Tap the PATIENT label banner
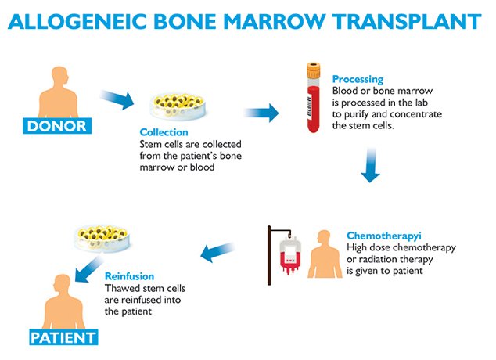[63, 338]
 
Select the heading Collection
[164, 132]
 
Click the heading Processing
[358, 79]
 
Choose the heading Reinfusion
[129, 276]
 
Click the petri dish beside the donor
[166, 106]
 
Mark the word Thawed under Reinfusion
[122, 289]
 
